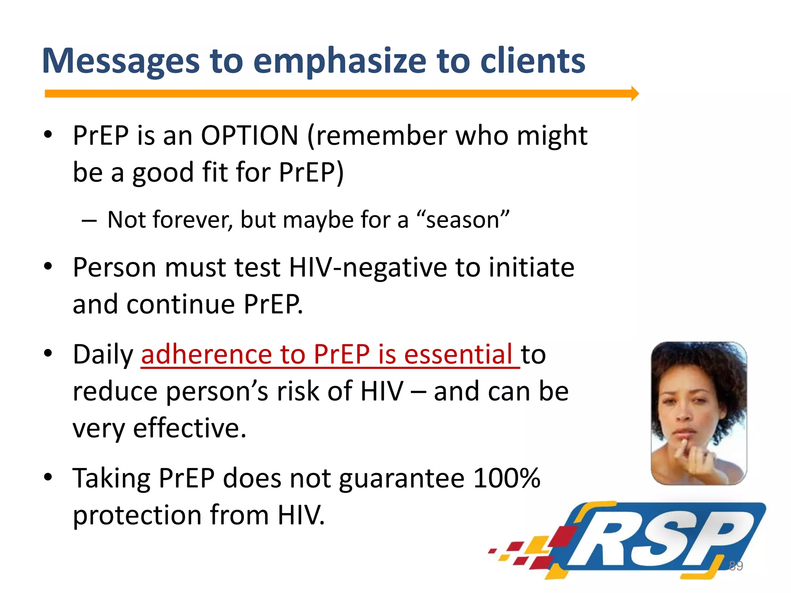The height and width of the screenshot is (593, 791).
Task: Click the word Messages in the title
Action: [x=121, y=61]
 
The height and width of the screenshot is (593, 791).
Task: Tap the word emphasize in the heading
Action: [x=339, y=61]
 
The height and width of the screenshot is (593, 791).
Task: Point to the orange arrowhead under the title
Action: [x=635, y=93]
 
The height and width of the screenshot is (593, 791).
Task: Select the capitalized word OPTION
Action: [x=250, y=136]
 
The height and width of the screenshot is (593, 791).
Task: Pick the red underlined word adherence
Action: [x=206, y=354]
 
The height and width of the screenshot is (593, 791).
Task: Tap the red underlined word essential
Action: [x=458, y=354]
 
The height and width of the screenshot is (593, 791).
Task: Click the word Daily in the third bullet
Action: [x=103, y=354]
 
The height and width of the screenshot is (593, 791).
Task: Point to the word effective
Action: [x=189, y=429]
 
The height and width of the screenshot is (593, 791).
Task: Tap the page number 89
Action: [x=735, y=566]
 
